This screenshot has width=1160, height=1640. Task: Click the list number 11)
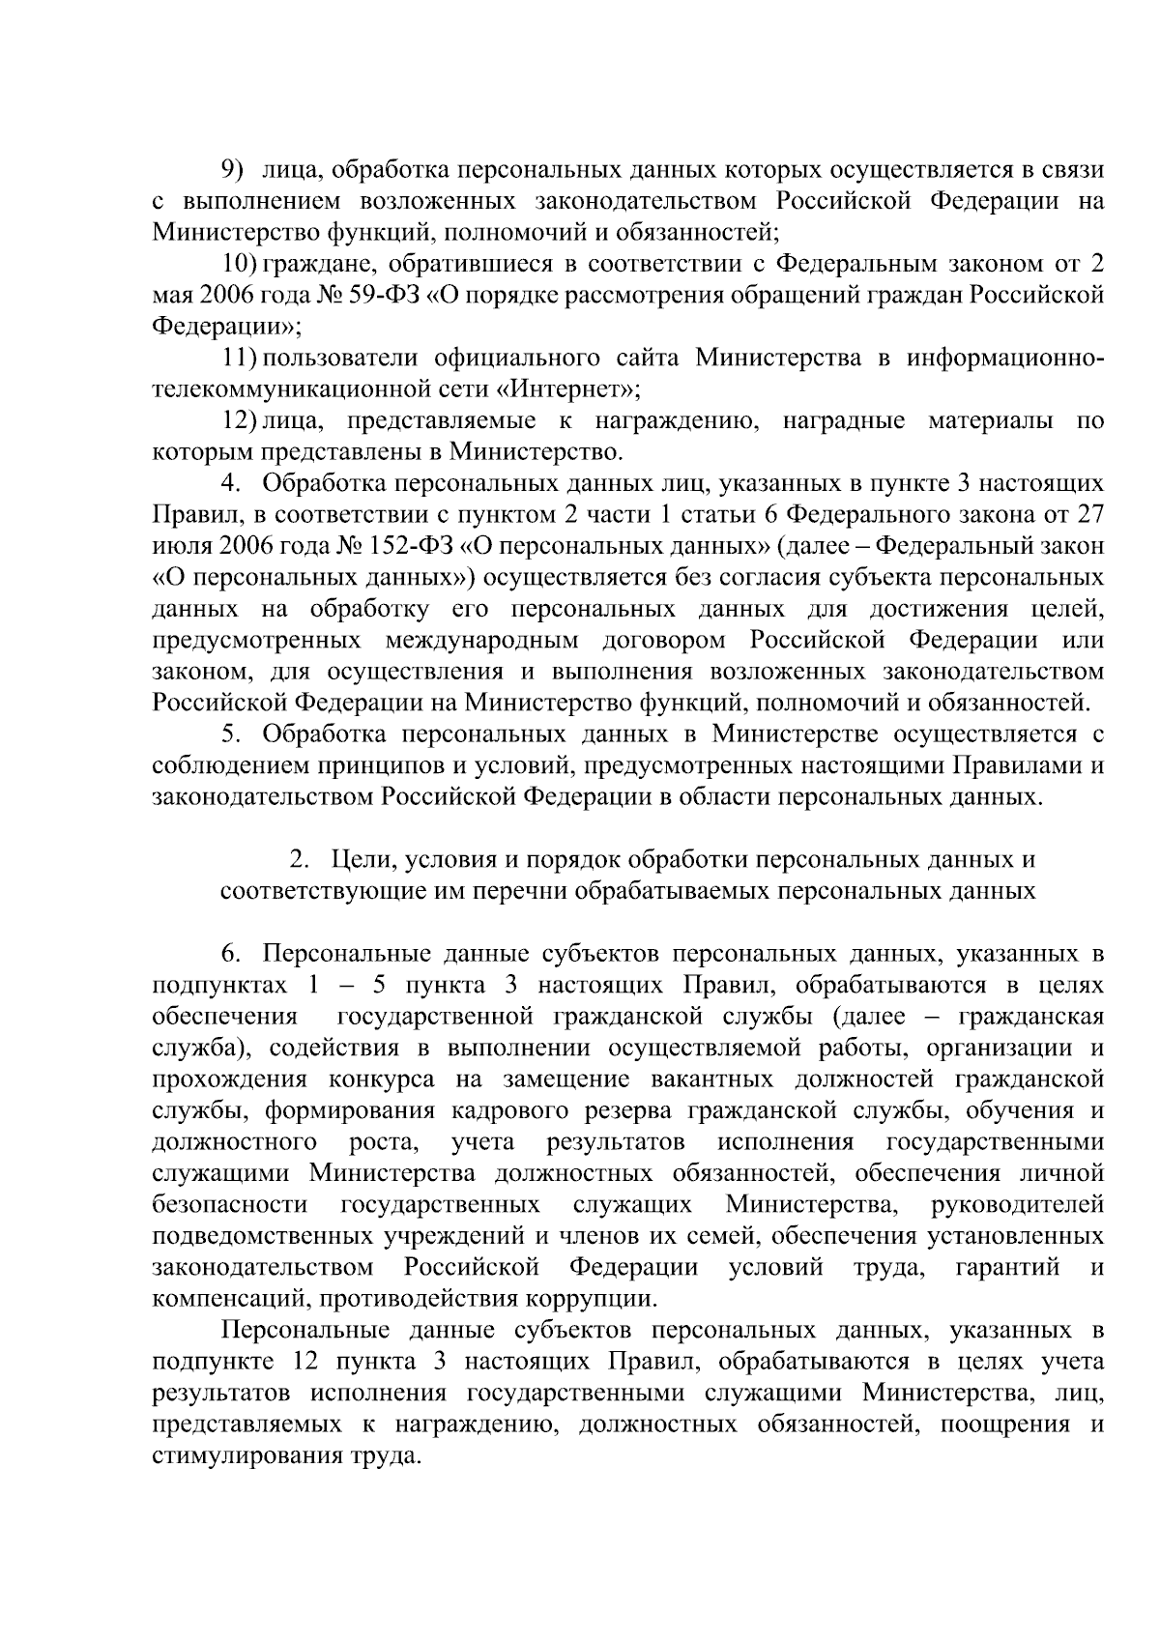coord(240,359)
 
